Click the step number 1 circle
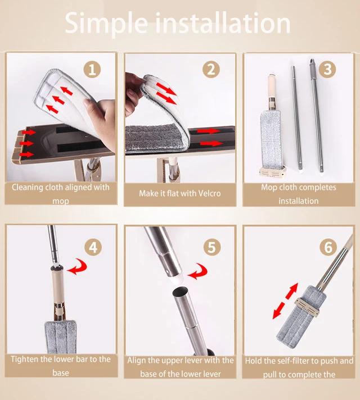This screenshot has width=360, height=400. point(92,70)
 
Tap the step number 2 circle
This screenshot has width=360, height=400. point(211,70)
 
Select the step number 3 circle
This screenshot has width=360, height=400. point(328,70)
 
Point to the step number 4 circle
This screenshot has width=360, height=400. point(93,247)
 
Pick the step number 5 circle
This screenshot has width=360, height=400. point(212,247)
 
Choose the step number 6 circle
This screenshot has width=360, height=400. point(328,247)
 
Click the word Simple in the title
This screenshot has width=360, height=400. point(106,24)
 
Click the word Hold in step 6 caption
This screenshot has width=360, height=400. point(254,361)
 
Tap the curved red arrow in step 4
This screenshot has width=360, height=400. point(78,267)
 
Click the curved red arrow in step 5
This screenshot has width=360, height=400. point(198,272)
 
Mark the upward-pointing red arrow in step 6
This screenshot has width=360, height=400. point(292,291)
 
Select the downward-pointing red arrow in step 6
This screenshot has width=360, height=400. point(278,311)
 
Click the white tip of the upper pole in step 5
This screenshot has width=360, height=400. point(177,280)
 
